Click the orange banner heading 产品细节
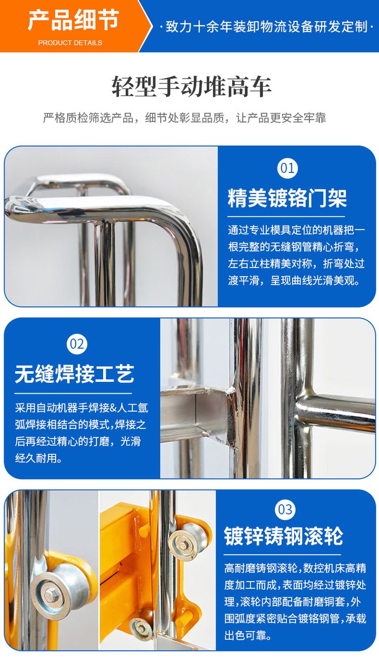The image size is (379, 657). pos(73,20)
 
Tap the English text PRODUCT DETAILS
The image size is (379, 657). pos(70,43)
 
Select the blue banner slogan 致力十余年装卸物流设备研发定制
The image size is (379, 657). pos(266,27)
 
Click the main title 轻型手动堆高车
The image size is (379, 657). pos(192,86)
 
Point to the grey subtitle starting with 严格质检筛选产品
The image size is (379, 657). pos(184,118)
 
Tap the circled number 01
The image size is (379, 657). pos(287,168)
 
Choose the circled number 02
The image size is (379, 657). pos(77,344)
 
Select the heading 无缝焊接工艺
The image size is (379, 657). pos(74,374)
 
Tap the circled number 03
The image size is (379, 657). pos(285,509)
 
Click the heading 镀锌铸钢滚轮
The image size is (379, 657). pos(283,536)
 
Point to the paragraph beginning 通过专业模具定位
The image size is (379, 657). pos(296,255)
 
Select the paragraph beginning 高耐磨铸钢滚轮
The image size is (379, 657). pos(295,601)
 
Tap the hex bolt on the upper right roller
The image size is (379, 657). pos(182,546)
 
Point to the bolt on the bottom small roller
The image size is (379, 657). pos(141,629)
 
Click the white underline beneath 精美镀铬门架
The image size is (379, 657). pos(286,217)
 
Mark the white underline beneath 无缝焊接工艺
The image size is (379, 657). pos(73,393)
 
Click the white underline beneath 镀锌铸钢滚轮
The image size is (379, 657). pos(282,555)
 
